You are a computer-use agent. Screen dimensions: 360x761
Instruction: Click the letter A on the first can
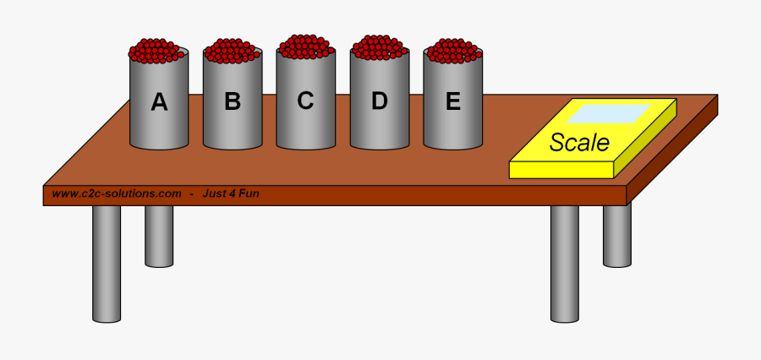(x=159, y=102)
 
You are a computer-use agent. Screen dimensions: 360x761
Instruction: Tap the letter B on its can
(x=233, y=102)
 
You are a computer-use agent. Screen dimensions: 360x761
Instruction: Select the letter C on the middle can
(x=305, y=101)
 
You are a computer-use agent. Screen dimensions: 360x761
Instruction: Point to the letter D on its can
(x=380, y=101)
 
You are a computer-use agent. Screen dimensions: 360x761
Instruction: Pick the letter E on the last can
(x=453, y=101)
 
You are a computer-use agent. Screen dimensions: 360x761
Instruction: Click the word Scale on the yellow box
(x=579, y=143)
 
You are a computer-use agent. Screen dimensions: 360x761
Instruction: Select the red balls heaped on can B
(x=233, y=51)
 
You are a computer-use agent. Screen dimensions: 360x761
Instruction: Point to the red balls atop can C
(x=305, y=46)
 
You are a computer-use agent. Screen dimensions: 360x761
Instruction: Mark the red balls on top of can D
(x=380, y=47)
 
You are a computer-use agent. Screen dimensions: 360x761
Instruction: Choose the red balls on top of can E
(x=453, y=51)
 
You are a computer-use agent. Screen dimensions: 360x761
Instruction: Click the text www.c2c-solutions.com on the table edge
(x=117, y=194)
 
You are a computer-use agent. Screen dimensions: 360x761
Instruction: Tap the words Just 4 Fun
(x=230, y=194)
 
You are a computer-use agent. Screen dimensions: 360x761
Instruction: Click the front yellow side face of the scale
(x=561, y=170)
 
